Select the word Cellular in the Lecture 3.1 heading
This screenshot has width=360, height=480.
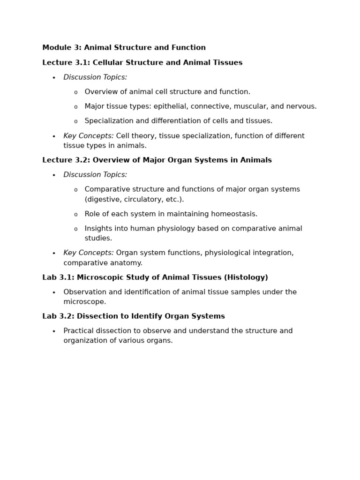[108, 63]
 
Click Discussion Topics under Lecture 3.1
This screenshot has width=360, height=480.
[95, 77]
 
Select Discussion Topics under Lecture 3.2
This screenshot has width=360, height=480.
[95, 175]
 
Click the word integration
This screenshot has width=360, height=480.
[272, 253]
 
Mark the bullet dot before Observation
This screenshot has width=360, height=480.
[54, 292]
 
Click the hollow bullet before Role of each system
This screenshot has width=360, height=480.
[75, 215]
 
